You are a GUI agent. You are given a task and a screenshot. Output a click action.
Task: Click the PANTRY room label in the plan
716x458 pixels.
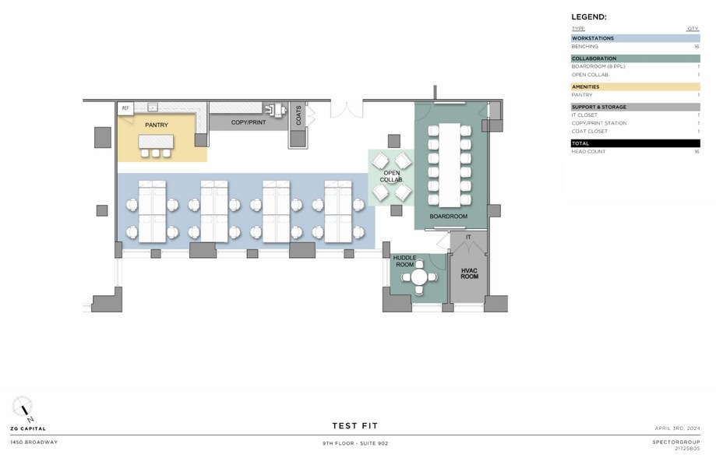pos(156,125)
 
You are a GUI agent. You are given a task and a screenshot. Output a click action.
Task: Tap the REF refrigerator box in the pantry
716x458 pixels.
pos(125,109)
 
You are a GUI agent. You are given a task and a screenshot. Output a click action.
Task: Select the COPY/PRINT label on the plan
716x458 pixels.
pos(249,123)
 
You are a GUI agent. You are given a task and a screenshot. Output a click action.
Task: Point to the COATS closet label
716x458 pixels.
pos(298,116)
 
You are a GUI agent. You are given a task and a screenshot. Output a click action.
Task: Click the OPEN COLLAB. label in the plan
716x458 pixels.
pos(391,176)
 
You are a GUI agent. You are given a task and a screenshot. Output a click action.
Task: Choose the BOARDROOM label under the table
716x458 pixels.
pos(448,216)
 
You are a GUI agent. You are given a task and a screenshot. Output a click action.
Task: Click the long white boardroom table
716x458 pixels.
pos(450,164)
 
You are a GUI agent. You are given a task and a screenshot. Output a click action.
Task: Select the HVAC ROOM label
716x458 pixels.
pos(469,273)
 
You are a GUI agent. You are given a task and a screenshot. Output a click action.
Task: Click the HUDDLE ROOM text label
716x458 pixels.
pos(404,260)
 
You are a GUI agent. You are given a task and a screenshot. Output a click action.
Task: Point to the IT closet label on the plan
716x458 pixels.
pos(468,237)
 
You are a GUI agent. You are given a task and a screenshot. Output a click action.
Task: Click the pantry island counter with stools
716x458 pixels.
pos(155,142)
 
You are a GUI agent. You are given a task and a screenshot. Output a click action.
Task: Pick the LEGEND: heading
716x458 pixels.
pos(589,16)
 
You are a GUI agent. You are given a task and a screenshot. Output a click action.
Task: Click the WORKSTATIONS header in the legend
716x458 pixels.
pos(593,38)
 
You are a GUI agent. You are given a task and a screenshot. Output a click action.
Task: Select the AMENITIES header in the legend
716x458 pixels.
pos(586,86)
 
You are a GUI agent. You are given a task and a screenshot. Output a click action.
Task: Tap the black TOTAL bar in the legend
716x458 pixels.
pos(635,143)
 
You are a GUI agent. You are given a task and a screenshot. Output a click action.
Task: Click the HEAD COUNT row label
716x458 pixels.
pos(588,152)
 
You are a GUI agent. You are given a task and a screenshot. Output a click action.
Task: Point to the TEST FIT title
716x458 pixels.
pos(354,426)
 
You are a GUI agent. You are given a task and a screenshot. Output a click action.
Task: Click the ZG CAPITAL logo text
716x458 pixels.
pos(29,428)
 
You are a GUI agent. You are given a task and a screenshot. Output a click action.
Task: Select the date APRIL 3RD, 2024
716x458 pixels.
pos(678,428)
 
